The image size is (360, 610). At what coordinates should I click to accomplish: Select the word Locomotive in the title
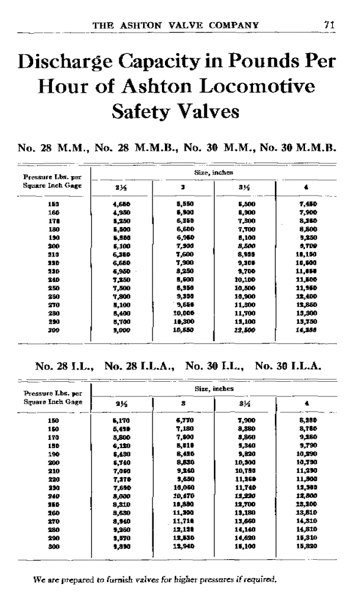point(261,87)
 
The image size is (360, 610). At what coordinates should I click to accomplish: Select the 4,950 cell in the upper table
point(120,212)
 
